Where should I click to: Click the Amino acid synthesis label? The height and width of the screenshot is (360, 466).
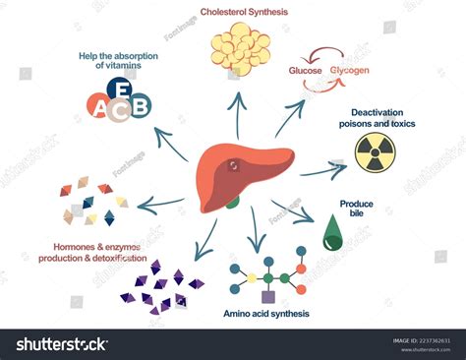point(268,314)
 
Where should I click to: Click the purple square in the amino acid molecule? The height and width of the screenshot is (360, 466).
point(267,296)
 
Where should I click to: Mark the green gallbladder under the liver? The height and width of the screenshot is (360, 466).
point(232,203)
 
